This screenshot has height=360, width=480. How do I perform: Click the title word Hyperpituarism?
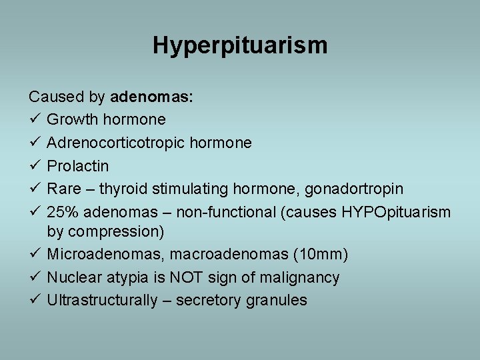click(240, 46)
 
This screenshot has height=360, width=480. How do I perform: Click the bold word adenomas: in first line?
click(151, 97)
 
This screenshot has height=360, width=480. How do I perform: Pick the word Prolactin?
click(77, 165)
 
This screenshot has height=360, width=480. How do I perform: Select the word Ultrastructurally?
click(100, 300)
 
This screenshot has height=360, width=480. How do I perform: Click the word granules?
click(275, 300)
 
